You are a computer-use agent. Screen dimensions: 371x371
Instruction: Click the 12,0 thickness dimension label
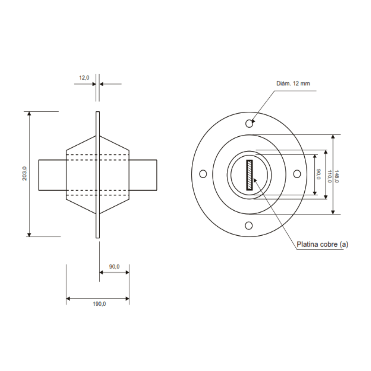click(x=84, y=78)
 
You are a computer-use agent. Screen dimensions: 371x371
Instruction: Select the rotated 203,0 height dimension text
click(x=24, y=173)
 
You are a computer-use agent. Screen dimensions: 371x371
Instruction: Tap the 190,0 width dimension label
click(x=99, y=304)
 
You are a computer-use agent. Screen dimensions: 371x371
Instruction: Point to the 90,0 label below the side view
click(x=114, y=267)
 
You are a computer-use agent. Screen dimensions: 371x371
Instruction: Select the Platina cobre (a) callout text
click(x=322, y=245)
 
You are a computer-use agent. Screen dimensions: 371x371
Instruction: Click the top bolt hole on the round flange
click(x=249, y=123)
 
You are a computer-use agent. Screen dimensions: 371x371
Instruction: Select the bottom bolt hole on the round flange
click(x=249, y=225)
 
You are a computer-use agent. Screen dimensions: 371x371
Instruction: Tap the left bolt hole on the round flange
click(x=203, y=174)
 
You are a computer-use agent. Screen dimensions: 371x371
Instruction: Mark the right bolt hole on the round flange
click(x=297, y=174)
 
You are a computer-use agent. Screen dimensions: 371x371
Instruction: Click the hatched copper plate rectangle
click(x=249, y=175)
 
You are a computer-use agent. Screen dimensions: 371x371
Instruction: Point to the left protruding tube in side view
click(x=52, y=175)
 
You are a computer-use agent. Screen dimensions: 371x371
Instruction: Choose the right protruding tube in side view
click(x=143, y=175)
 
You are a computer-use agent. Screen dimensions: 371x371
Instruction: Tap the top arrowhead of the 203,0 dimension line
click(x=29, y=114)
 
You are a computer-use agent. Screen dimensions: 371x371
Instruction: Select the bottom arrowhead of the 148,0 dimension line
click(x=333, y=212)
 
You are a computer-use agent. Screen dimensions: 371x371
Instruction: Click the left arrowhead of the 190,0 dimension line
click(x=68, y=299)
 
